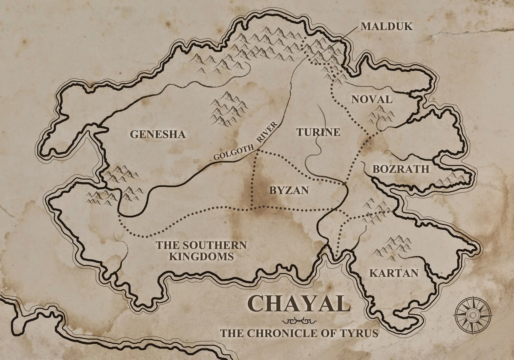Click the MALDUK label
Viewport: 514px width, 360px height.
coord(386,26)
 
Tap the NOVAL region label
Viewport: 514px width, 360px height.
coord(372,99)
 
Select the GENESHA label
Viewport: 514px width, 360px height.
coord(158,134)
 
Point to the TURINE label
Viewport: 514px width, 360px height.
coord(318,132)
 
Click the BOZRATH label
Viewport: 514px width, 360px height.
coord(401,169)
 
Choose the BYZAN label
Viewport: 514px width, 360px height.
coord(289,190)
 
